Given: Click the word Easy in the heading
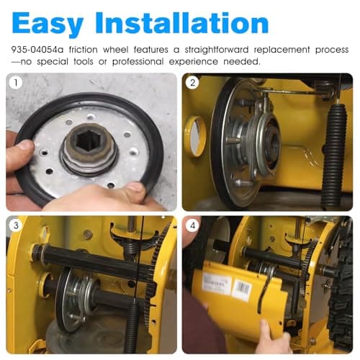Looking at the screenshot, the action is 48,23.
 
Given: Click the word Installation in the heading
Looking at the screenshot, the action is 182,22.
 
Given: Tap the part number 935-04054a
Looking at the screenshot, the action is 37,50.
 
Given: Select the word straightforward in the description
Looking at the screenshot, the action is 217,50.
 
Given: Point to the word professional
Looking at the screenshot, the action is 138,62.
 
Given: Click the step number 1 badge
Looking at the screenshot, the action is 16,83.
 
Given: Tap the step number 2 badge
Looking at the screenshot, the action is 192,83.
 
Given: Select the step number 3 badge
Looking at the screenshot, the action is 16,225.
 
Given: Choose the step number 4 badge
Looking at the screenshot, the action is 192,225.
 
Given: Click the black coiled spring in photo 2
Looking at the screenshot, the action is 333,156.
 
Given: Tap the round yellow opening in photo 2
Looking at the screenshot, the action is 195,137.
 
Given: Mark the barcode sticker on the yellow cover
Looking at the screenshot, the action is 243,290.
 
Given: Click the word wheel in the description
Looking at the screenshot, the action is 115,50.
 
